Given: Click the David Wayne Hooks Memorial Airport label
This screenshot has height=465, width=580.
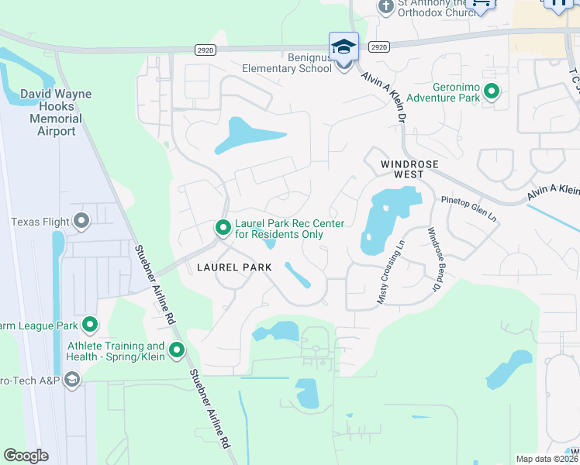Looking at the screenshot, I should (x=55, y=112).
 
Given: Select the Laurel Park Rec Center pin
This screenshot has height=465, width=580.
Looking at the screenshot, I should (x=223, y=228).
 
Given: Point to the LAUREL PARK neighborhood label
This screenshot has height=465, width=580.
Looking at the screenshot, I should (x=234, y=267).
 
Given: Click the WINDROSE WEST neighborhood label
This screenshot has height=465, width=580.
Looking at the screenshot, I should (x=402, y=169).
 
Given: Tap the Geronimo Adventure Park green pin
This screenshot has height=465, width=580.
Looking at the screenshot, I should (x=492, y=92).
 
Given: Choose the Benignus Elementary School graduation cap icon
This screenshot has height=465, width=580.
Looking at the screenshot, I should (x=344, y=46).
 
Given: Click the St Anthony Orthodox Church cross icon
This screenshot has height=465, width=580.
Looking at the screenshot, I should (x=385, y=7).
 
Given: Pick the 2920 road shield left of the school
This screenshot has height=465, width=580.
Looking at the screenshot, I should (x=204, y=49).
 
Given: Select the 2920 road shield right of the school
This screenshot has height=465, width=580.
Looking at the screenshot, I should (x=378, y=47).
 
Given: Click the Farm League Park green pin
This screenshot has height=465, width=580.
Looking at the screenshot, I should (x=90, y=324).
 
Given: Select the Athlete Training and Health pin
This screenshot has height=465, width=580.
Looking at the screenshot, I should (x=177, y=351).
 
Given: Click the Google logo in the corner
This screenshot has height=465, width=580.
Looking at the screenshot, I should (x=26, y=456).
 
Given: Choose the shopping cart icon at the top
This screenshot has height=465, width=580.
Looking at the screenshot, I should (x=481, y=4).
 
